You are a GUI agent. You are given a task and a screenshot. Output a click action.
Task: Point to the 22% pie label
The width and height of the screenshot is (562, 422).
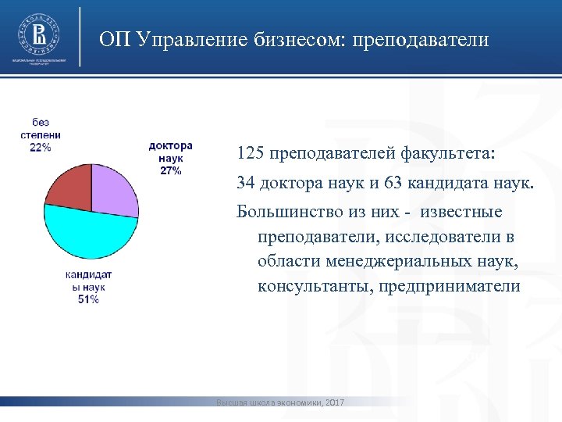41,147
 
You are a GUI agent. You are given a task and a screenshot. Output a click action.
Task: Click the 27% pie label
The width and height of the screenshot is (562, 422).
170,170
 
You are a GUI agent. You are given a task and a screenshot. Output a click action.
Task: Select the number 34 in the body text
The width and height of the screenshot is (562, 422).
246,184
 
